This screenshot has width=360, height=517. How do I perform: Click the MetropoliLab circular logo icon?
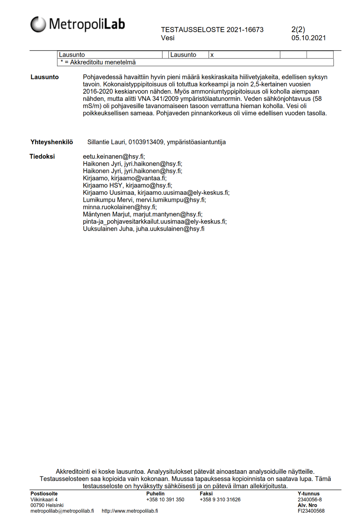click(38, 24)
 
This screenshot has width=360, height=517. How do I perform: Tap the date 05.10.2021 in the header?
click(308, 38)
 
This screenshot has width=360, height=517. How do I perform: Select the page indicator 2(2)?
click(298, 29)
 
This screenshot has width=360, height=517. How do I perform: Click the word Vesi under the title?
click(167, 38)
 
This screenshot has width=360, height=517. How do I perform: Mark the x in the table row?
click(212, 55)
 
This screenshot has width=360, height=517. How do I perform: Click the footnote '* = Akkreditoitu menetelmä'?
click(98, 63)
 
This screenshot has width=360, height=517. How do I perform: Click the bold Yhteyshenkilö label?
click(52, 142)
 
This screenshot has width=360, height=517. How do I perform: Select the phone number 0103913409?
click(146, 142)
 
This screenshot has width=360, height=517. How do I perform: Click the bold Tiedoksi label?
click(42, 157)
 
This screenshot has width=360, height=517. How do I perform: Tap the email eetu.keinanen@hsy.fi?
click(114, 157)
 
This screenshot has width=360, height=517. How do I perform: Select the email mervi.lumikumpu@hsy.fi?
click(171, 200)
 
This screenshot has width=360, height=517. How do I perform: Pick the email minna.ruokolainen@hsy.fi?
click(120, 207)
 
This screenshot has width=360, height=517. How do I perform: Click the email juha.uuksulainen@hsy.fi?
click(170, 229)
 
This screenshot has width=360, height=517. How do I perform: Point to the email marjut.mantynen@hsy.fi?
click(168, 214)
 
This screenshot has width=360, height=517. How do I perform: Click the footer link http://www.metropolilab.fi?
click(130, 511)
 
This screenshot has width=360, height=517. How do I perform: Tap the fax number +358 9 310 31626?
click(220, 500)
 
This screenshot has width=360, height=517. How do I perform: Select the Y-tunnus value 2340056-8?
click(309, 500)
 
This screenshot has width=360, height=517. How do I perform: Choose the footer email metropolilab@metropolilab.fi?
click(62, 511)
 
